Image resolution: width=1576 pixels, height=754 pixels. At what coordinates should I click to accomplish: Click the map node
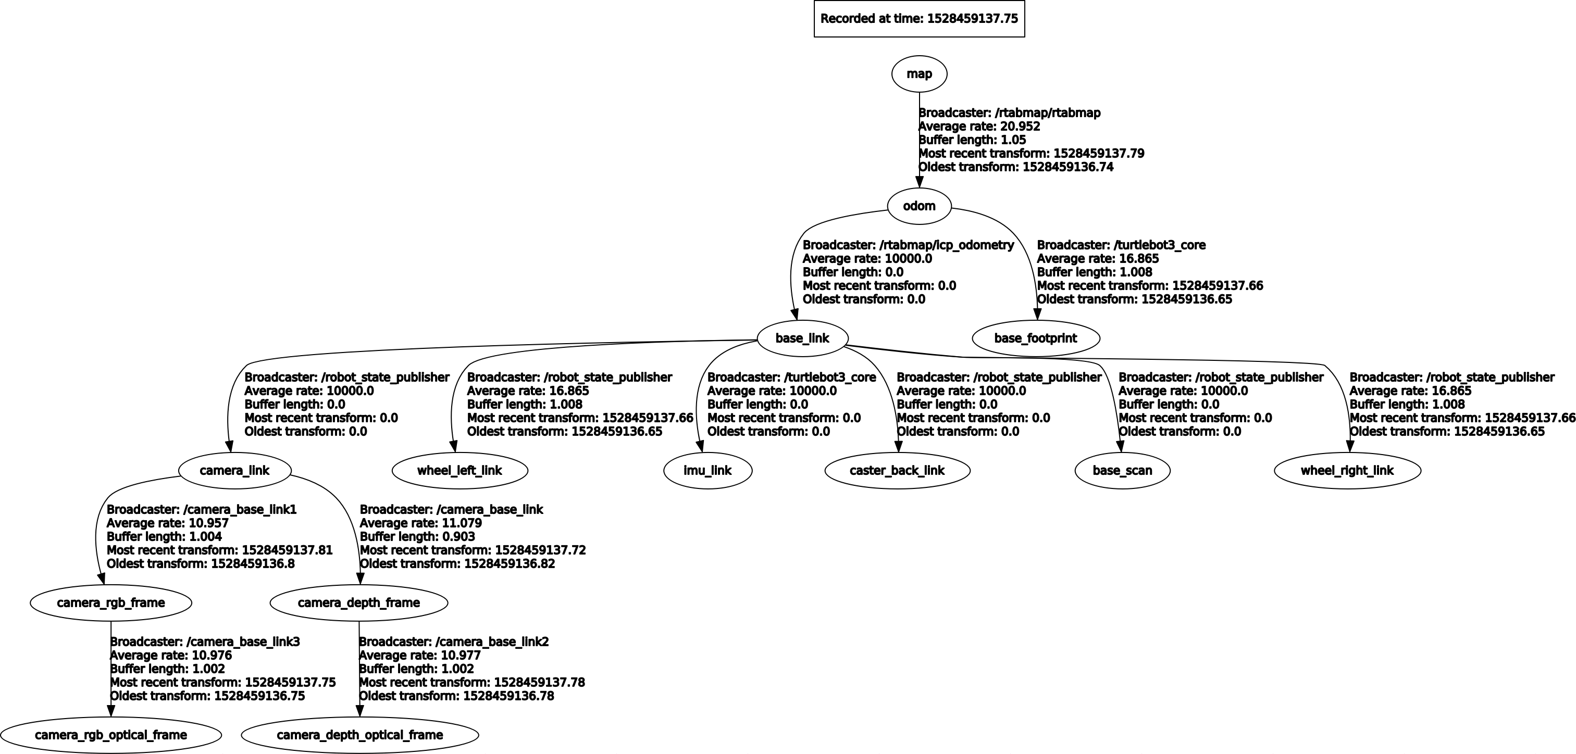point(919,74)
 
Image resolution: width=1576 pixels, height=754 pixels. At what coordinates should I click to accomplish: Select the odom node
point(919,206)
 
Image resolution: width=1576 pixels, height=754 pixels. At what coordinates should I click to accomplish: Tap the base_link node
point(802,338)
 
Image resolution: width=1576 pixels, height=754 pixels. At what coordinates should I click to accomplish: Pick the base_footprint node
point(1035,338)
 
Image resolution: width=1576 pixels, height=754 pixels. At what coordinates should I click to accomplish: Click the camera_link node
point(234,470)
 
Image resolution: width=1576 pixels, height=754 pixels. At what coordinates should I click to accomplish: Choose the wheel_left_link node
point(460,470)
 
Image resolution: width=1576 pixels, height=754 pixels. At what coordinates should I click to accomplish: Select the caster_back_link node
point(897,470)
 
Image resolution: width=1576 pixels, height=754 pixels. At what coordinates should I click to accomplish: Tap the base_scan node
point(1122,470)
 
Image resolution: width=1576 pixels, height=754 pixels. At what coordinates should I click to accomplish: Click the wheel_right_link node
point(1347,470)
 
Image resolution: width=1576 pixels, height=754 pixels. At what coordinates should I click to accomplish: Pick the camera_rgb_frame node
point(111,602)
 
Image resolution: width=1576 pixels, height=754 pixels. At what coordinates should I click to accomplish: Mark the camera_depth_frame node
point(358,602)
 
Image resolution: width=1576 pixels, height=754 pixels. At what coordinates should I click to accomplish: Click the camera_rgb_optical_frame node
point(111,734)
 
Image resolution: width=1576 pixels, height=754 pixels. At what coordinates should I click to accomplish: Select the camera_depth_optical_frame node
point(359,734)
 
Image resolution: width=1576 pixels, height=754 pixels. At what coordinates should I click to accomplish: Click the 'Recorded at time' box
point(919,19)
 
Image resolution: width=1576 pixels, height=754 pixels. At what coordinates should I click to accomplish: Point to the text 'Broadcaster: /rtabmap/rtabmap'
point(1010,113)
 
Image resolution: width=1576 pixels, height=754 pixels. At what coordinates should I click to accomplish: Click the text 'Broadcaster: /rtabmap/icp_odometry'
point(908,245)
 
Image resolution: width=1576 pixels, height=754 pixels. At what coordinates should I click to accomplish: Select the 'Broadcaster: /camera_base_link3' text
point(205,642)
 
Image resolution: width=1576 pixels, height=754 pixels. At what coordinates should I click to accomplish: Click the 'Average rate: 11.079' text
point(420,523)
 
